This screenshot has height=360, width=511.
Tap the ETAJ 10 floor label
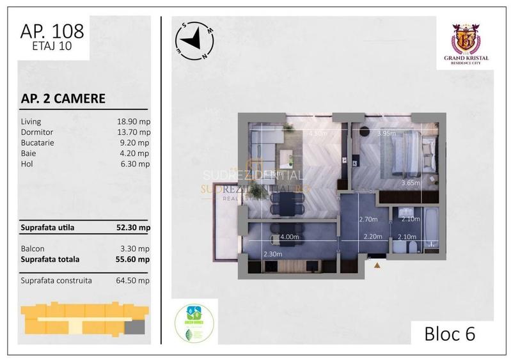point(52,47)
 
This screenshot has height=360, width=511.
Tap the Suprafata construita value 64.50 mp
point(134,280)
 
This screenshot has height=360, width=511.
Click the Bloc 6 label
point(450,333)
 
